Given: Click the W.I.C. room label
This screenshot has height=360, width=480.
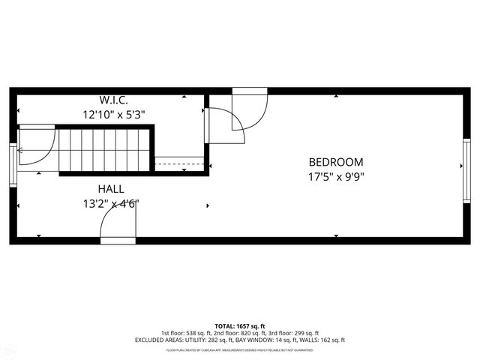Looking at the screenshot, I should click(114, 100).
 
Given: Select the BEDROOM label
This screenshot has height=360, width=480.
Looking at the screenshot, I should click(336, 162).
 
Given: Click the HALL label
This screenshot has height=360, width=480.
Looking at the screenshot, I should click(110, 189).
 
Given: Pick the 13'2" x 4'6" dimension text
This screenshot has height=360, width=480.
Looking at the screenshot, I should click(112, 203).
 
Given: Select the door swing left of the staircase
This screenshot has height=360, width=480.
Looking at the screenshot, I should click(36, 147).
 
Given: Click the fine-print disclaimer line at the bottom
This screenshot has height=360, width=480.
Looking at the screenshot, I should click(239, 349).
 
